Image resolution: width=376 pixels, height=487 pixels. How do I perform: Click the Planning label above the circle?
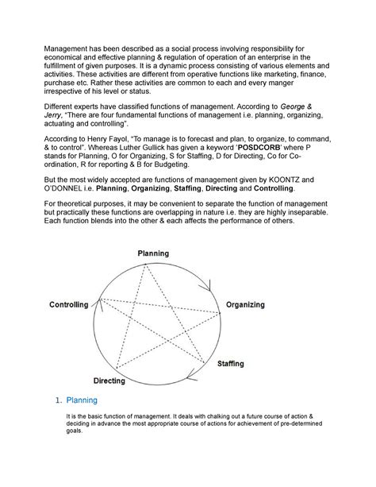(x=152, y=253)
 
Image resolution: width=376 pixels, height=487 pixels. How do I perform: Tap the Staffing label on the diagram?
(x=231, y=363)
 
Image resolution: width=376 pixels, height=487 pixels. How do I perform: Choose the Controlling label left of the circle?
(x=73, y=305)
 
